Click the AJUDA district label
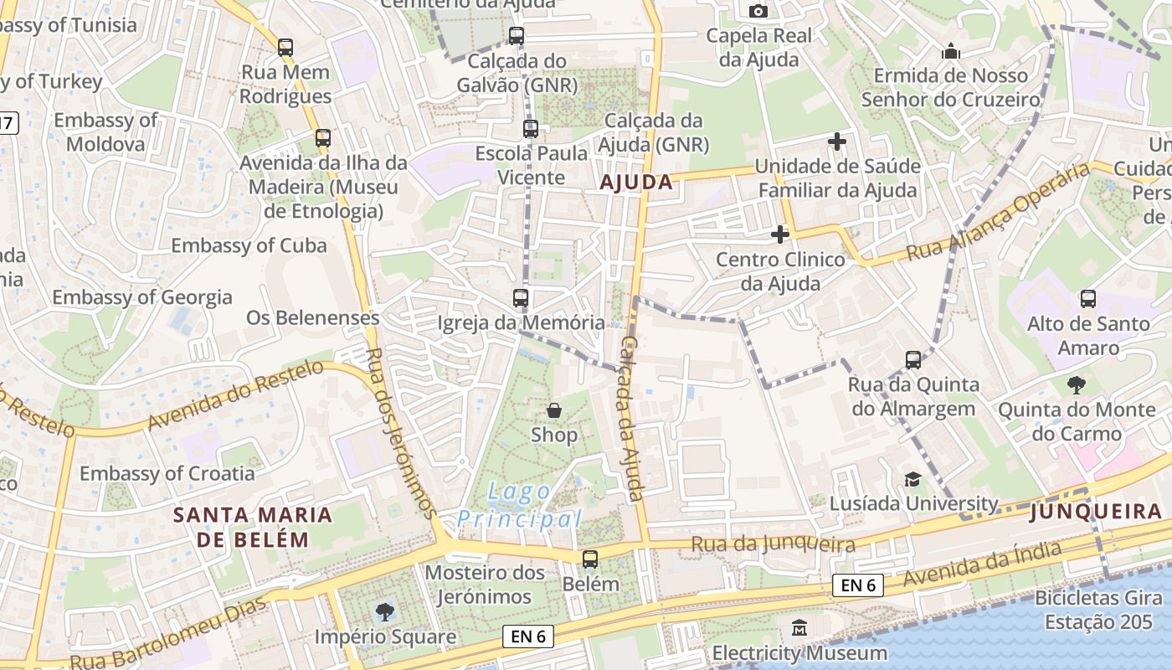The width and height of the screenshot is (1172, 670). pos(636,182)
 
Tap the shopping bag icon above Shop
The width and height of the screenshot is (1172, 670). pos(554,410)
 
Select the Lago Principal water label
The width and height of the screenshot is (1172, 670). pos(520,505)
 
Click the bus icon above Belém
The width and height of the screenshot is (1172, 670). pos(590,559)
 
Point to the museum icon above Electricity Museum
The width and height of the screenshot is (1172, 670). pos(799,627)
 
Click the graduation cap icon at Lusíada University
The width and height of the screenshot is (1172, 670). pos(912,479)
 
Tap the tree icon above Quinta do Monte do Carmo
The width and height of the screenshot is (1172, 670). pos(1076,385)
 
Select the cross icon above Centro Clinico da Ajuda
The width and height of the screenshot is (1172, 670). pos(780,234)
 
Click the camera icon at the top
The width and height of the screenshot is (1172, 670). pos(758,11)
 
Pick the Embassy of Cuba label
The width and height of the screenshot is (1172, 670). pos(249,245)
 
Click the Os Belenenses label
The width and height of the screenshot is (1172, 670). pos(312,318)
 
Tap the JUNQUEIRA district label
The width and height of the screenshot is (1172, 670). pos(1096,511)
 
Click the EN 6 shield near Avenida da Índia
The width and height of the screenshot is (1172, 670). pos(858,585)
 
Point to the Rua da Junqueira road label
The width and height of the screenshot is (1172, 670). pos(773,545)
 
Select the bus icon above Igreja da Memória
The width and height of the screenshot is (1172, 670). pos(521,297)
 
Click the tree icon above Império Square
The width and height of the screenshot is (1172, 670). pos(385,611)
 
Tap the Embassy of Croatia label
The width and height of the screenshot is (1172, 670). pos(167,473)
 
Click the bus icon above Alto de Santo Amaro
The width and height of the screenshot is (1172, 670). pos(1088,298)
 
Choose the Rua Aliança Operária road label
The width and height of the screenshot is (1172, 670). pos(997,211)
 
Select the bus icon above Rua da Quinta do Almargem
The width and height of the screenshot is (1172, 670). pos(913,360)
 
